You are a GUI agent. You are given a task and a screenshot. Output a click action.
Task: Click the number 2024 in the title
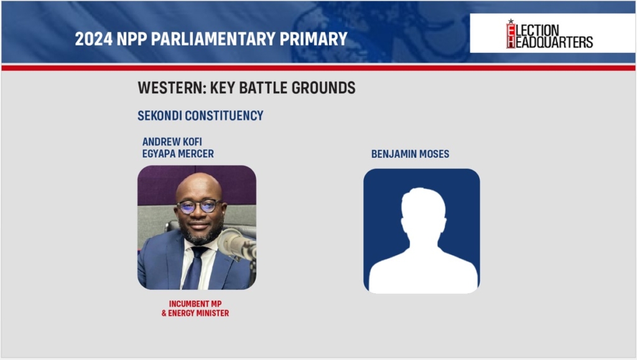(94, 39)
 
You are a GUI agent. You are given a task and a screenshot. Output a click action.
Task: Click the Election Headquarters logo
(550, 34)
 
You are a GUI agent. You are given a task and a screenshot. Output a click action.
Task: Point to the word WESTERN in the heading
(170, 88)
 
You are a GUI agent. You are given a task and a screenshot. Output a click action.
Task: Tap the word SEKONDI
(160, 116)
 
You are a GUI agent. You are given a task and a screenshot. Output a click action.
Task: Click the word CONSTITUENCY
(224, 116)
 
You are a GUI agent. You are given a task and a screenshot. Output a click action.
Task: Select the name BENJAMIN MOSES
(411, 154)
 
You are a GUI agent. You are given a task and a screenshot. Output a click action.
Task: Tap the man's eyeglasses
(198, 206)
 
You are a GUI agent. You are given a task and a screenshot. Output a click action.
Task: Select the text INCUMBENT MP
(195, 303)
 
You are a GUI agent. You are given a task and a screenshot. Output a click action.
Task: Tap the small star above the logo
(511, 21)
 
